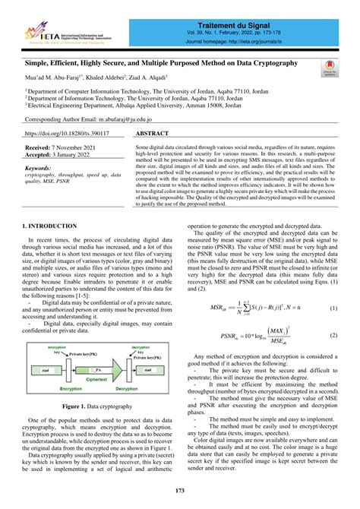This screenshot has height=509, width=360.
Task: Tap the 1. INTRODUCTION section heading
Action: [x=49, y=226]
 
